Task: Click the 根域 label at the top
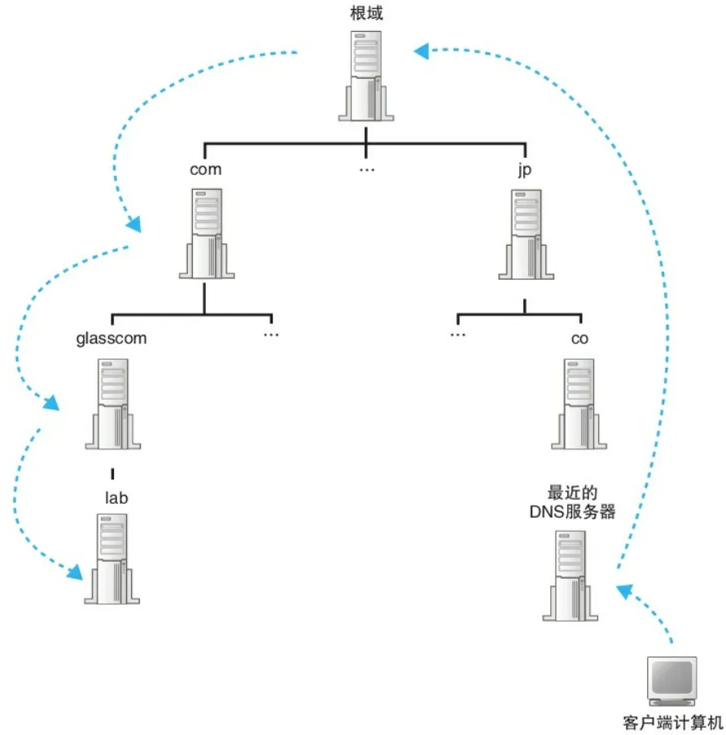click(366, 14)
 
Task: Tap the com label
click(205, 169)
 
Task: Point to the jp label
click(524, 169)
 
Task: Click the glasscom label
click(112, 338)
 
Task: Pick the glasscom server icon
click(112, 402)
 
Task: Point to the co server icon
click(579, 402)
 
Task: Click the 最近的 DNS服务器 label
click(571, 502)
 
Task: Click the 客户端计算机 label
click(671, 721)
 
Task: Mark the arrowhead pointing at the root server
click(422, 52)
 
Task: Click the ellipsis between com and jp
click(366, 170)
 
